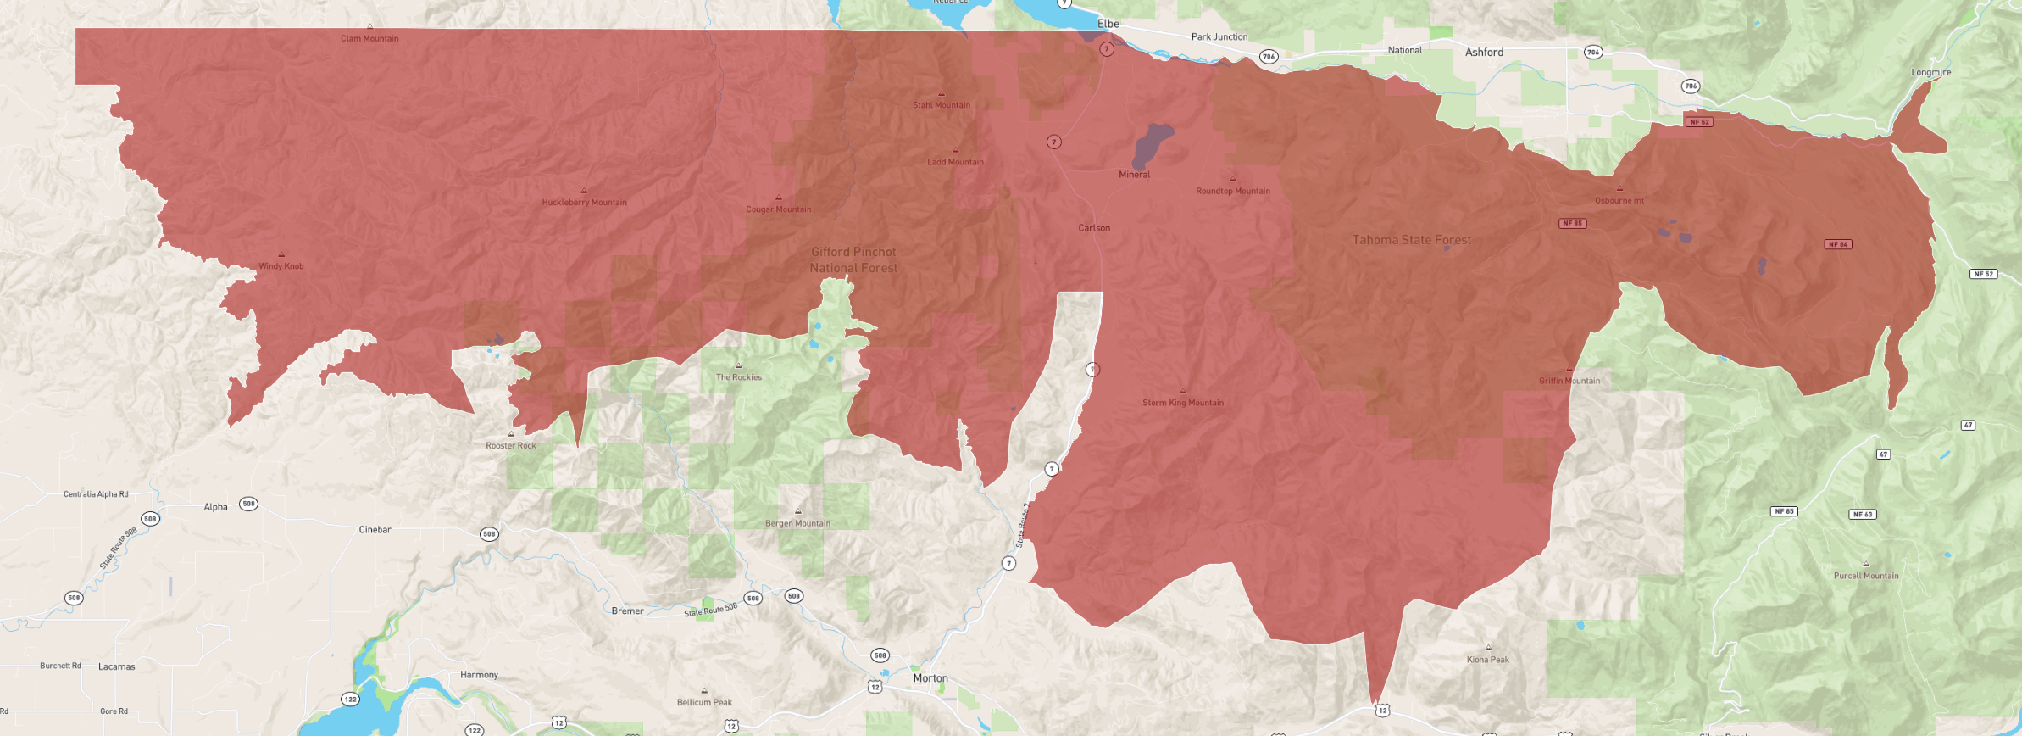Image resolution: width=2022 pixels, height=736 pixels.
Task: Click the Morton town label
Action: pyautogui.click(x=930, y=678)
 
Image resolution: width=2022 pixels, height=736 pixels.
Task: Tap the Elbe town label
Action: pyautogui.click(x=1108, y=24)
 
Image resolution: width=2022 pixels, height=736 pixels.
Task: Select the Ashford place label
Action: pyautogui.click(x=1484, y=53)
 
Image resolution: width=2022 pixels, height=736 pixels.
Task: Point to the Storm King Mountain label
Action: pyautogui.click(x=1182, y=403)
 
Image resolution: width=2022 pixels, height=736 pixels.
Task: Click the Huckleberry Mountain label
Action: pyautogui.click(x=584, y=203)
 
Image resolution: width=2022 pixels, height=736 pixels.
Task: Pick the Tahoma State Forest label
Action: pyautogui.click(x=1411, y=241)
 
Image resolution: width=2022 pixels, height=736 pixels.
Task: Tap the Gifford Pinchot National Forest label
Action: pyautogui.click(x=853, y=260)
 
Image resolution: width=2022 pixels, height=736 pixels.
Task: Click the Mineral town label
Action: pyautogui.click(x=1134, y=175)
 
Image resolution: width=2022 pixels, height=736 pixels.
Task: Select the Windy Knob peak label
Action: pyautogui.click(x=281, y=266)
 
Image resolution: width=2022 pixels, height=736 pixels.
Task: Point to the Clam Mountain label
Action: pyautogui.click(x=369, y=38)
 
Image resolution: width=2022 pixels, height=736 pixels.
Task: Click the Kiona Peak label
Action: pyautogui.click(x=1487, y=660)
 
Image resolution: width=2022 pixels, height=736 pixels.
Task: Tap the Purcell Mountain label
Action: pyautogui.click(x=1865, y=576)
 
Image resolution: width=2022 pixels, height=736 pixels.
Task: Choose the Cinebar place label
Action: pyautogui.click(x=375, y=530)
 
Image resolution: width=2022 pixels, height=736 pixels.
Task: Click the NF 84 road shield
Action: pyautogui.click(x=1837, y=244)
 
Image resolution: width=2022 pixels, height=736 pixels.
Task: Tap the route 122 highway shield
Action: pyautogui.click(x=350, y=700)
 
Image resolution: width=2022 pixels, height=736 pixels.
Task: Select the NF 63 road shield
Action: pyautogui.click(x=1862, y=515)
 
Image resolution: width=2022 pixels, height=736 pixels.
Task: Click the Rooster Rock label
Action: pyautogui.click(x=510, y=446)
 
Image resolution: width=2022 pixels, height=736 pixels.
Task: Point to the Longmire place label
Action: pyautogui.click(x=1930, y=73)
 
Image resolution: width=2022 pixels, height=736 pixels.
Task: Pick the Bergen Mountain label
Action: pyautogui.click(x=797, y=524)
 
